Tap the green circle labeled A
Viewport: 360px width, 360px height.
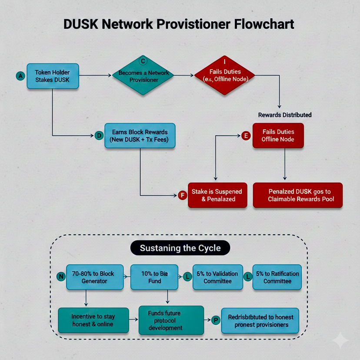coord(20,76)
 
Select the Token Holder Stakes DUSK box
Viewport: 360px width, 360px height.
coord(52,76)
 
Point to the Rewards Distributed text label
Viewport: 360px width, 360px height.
coord(285,115)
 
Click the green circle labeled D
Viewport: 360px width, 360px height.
coord(100,135)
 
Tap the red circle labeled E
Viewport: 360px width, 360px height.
coord(246,136)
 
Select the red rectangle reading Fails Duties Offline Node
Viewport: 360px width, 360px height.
coord(278,135)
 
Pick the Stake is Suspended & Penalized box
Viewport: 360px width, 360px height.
coord(217,195)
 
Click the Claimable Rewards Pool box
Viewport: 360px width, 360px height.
coord(298,195)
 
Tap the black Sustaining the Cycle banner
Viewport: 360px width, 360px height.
coord(180,248)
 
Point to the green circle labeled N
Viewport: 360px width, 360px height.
coord(61,276)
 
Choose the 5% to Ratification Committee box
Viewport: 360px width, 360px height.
coord(277,277)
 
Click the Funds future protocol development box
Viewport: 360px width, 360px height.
coord(171,320)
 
